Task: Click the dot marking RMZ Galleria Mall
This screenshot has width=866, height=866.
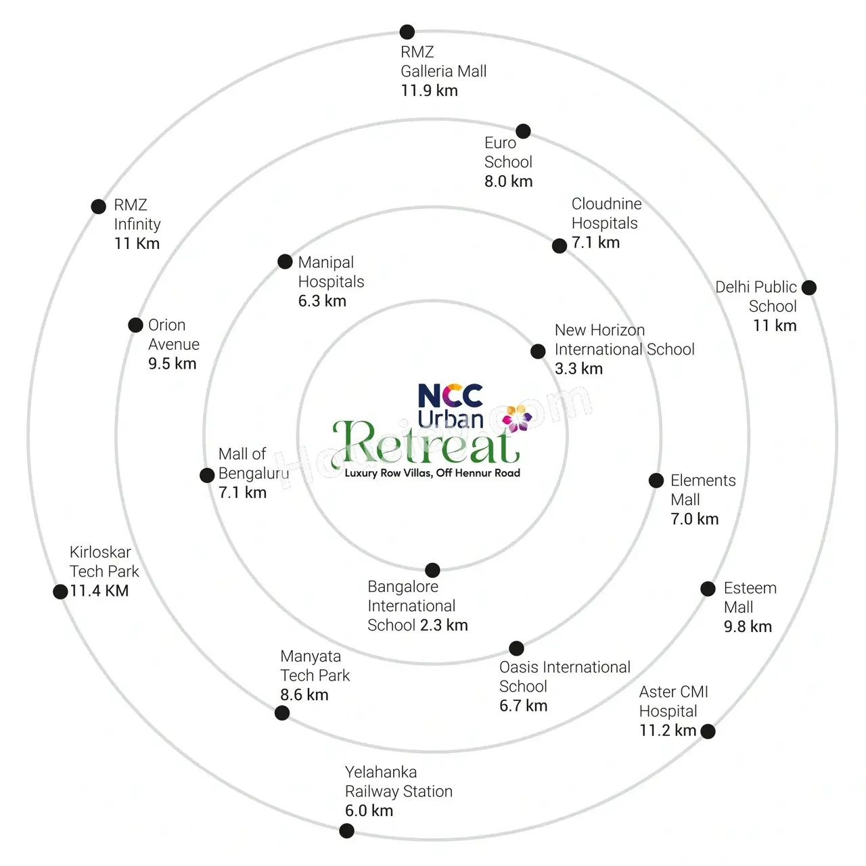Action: pos(407,32)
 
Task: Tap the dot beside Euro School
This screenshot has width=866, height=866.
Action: pos(523,131)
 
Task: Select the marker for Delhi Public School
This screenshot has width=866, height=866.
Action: pos(808,287)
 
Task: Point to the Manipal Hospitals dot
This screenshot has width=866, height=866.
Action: pos(284,261)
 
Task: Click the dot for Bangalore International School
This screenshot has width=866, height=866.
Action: pos(432,570)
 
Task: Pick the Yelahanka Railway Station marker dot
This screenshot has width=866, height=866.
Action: pos(346,831)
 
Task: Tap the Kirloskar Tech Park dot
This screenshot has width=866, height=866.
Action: pos(60,591)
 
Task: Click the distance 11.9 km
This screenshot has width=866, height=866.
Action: pos(429,91)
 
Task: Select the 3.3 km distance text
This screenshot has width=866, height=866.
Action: pos(578,369)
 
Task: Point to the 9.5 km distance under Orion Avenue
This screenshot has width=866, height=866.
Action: pos(172,363)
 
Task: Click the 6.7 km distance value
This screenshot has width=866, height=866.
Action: pos(523,706)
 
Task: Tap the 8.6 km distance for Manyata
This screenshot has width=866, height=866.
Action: pos(304,695)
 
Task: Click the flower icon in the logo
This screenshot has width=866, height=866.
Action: pos(517,418)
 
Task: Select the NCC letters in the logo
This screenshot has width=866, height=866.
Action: pos(451,396)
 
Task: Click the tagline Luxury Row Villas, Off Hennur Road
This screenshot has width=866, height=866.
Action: pos(432,473)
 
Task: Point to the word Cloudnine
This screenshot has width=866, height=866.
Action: pos(606,204)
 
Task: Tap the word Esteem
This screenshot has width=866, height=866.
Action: pos(750,588)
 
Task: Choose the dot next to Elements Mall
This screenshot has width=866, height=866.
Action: pos(656,480)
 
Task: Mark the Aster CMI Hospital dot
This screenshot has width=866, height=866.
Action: pos(708,731)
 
